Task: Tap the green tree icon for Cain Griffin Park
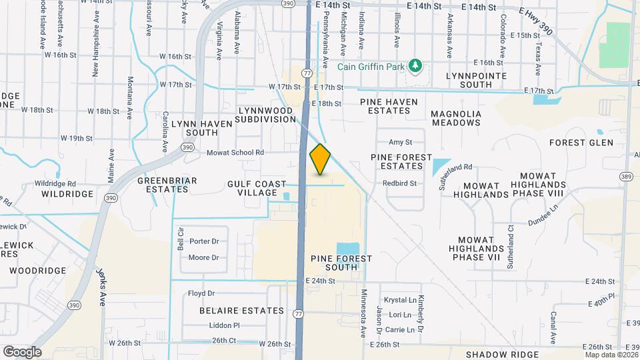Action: coord(415,65)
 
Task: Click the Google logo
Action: coord(22,352)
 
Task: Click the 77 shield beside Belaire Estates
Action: coord(298,311)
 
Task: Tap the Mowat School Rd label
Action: coord(235,152)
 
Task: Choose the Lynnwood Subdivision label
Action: coord(266,114)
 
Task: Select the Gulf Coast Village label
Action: coord(252,188)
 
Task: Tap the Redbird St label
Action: coord(399,183)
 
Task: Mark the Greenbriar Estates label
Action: coord(163,185)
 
